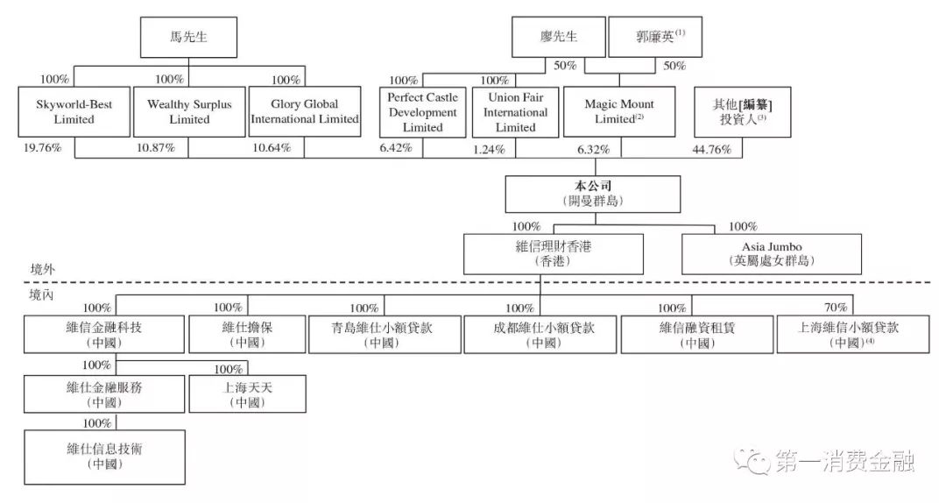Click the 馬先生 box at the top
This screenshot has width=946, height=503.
[189, 38]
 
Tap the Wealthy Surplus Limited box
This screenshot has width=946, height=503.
[189, 111]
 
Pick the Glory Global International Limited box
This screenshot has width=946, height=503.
[305, 111]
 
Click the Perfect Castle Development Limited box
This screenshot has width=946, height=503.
[423, 112]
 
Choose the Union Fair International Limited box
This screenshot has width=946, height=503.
[516, 112]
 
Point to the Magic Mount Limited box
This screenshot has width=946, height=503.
[619, 111]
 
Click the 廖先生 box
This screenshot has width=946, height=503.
[559, 38]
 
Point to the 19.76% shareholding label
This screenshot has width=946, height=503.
[44, 147]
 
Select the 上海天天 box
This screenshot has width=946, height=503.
[247, 394]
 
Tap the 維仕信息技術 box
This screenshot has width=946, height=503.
[105, 456]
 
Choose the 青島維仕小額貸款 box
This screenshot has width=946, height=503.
[385, 335]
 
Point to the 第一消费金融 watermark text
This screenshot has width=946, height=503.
[845, 459]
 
